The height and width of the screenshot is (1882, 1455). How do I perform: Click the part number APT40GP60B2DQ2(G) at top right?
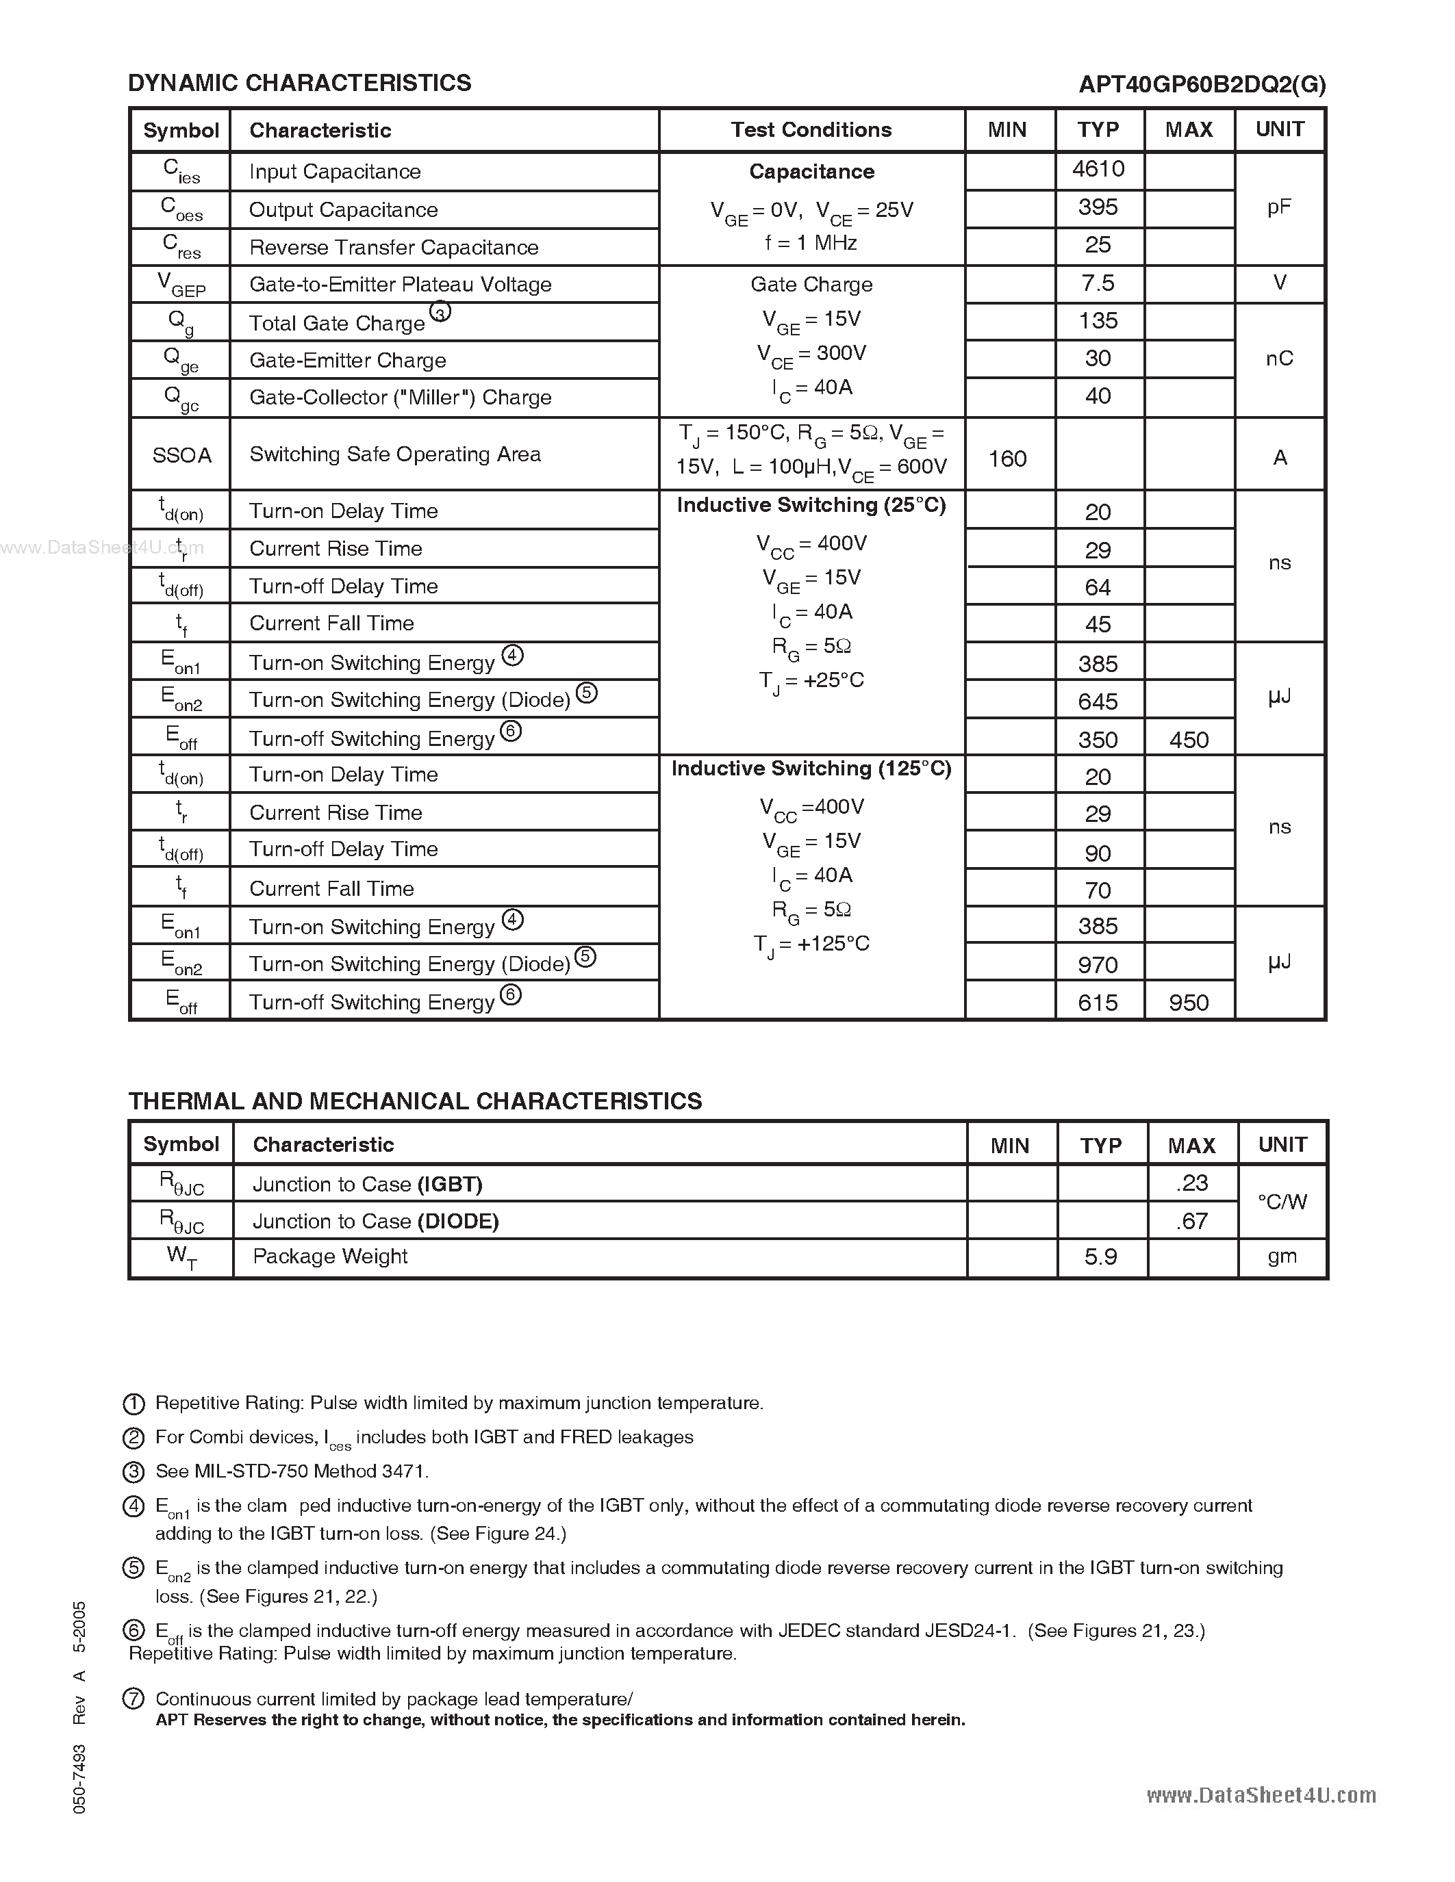[x=1202, y=84]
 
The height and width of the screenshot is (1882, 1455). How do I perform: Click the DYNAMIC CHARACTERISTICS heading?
[x=299, y=83]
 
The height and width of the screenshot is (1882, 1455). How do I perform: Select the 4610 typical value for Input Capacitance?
[x=1098, y=169]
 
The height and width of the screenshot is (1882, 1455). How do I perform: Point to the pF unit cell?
[x=1279, y=207]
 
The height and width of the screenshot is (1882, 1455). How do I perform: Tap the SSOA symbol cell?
[x=181, y=455]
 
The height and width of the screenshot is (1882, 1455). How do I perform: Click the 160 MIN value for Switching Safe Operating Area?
[x=1007, y=459]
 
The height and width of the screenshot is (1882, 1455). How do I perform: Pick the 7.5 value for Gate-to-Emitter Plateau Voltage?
[x=1098, y=283]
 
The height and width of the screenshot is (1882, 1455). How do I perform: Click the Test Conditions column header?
[x=811, y=130]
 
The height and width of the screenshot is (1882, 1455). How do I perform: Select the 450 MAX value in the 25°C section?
[x=1189, y=739]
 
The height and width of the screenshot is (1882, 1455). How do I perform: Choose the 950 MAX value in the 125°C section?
[x=1189, y=1002]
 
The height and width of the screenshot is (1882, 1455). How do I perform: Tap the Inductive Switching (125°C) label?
[x=811, y=769]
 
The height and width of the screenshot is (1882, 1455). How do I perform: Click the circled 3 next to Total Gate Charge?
[x=440, y=313]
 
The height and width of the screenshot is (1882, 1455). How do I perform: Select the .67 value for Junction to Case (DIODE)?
[x=1191, y=1221]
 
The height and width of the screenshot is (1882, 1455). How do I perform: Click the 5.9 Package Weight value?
[x=1101, y=1257]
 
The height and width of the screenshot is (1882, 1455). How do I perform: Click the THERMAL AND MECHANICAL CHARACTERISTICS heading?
[x=415, y=1101]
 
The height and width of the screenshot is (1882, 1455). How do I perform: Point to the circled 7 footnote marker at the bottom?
[x=134, y=1699]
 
